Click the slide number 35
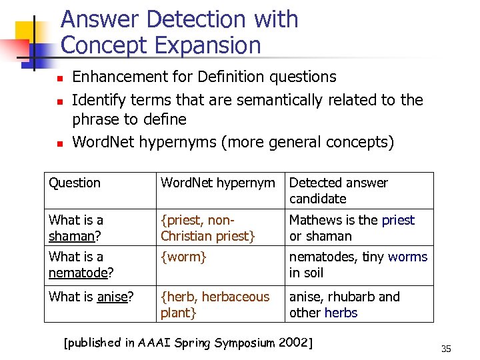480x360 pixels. click(x=446, y=349)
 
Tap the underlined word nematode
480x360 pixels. click(x=78, y=273)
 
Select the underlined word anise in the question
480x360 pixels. click(x=112, y=297)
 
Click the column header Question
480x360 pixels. click(x=75, y=183)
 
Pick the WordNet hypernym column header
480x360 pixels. click(x=217, y=183)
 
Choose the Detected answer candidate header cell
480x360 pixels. click(x=339, y=191)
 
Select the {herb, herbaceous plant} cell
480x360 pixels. click(x=215, y=305)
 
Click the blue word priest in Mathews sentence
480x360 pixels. click(x=398, y=220)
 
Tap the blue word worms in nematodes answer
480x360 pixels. click(x=407, y=257)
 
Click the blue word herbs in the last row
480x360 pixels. click(x=341, y=313)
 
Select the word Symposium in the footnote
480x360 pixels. click(x=244, y=343)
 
